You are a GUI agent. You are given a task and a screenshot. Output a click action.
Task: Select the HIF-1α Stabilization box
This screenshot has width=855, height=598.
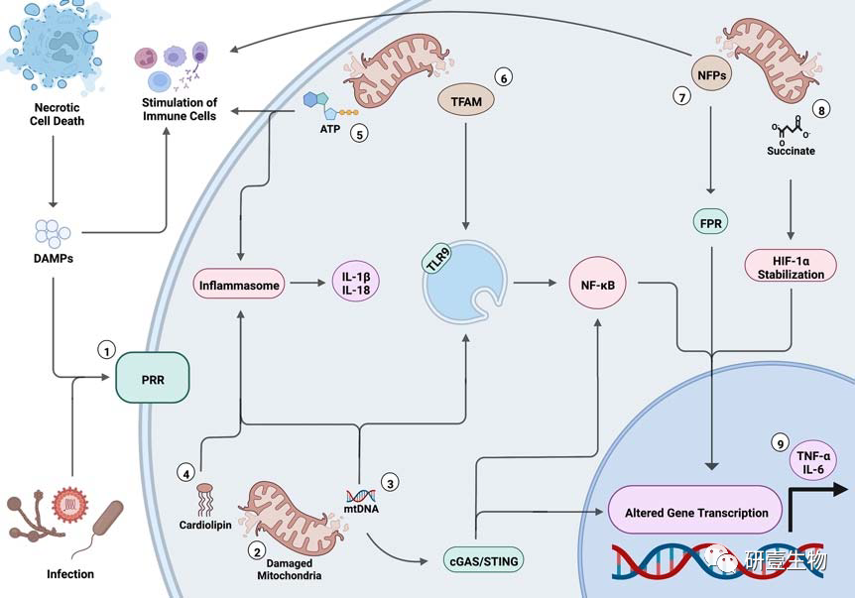click(x=784, y=265)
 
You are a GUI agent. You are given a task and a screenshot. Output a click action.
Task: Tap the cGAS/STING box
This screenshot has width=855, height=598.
click(x=483, y=561)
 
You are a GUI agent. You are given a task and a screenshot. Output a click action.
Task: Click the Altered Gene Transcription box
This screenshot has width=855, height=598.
click(x=696, y=513)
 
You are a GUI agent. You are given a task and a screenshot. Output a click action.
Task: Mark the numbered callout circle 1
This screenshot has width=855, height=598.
click(x=105, y=349)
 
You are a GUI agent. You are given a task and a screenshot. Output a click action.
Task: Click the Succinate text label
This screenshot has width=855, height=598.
click(x=791, y=153)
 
